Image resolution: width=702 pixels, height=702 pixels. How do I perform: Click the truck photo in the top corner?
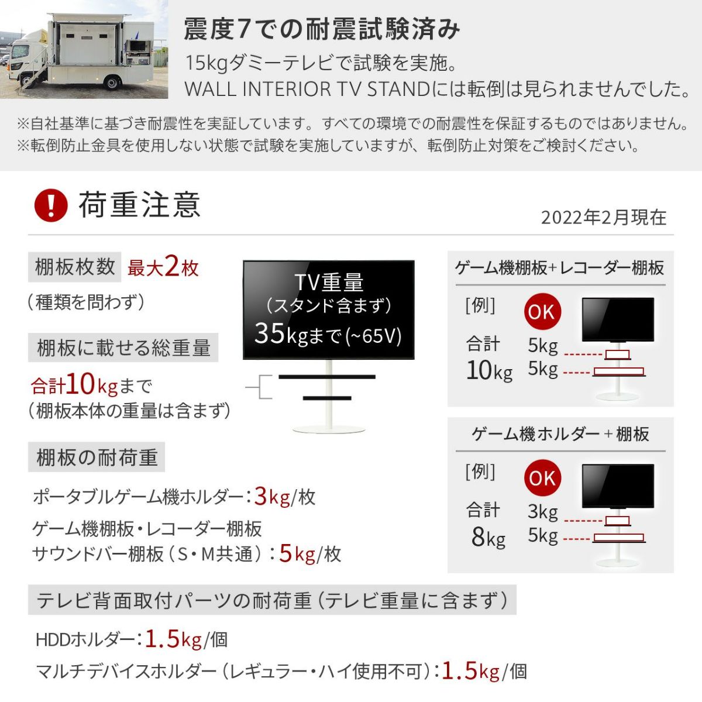84,49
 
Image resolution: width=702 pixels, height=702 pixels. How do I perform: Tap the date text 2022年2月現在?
603,218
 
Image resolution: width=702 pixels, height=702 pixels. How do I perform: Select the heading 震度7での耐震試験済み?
322,29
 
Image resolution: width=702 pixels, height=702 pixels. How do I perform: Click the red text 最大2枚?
163,268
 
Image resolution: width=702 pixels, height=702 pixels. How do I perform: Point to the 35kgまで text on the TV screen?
328,335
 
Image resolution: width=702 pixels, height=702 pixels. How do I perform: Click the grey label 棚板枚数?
74,267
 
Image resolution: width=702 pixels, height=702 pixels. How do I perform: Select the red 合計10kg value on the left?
74,385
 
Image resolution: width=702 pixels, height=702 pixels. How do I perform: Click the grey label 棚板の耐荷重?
97,457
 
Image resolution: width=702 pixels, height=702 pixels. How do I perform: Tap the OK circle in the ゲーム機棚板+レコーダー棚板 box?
542,312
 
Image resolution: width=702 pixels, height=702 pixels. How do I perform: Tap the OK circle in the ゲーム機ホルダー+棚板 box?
542,479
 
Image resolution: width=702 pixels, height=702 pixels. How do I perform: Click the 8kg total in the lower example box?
488,537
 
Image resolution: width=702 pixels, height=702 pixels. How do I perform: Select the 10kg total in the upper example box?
489,370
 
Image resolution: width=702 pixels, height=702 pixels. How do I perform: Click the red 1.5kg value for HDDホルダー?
173,639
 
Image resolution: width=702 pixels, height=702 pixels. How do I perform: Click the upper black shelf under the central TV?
326,377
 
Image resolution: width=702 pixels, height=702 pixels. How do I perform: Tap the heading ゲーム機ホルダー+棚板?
560,434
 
